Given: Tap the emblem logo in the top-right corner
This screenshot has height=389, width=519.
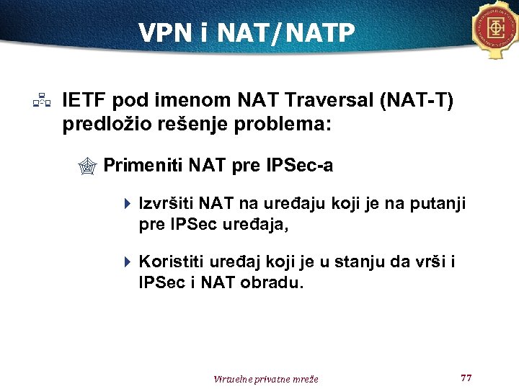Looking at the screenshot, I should [497, 30].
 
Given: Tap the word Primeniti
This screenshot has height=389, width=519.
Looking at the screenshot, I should [143, 166].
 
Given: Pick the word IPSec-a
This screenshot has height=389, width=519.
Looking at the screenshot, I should [298, 166].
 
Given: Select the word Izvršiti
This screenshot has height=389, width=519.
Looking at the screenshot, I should [166, 204].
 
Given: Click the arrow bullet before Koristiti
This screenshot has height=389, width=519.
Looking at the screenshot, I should [127, 261].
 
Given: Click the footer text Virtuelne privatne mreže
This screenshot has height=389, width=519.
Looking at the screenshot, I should [266, 379].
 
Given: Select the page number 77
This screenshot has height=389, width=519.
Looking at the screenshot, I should [465, 377].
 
